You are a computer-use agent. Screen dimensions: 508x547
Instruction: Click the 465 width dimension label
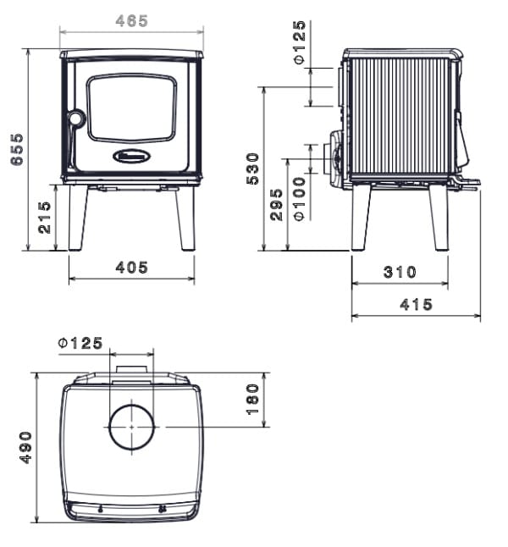(x=131, y=21)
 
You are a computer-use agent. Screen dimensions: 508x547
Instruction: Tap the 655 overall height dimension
(x=17, y=149)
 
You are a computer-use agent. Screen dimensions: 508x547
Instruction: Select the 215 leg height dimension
(x=44, y=218)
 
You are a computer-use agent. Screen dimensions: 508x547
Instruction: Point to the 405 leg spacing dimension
(x=131, y=268)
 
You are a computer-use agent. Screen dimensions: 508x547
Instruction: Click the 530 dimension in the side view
(x=253, y=169)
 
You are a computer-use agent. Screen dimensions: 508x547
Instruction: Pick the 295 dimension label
(x=276, y=205)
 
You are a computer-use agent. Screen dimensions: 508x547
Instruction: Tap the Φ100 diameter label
(x=300, y=199)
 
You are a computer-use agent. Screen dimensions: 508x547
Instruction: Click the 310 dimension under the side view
(x=400, y=272)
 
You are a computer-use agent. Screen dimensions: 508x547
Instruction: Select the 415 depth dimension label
(x=416, y=305)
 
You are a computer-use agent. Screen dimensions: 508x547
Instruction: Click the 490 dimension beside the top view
(x=25, y=448)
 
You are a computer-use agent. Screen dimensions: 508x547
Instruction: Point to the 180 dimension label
(x=253, y=400)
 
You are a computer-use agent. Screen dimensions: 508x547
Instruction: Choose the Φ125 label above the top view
(x=80, y=343)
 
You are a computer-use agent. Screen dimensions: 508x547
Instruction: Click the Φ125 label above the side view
(x=300, y=43)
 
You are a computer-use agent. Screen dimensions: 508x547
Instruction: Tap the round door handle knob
(x=75, y=119)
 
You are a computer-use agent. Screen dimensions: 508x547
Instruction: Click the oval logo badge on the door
(x=132, y=157)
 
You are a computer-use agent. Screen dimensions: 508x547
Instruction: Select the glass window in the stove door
(x=131, y=108)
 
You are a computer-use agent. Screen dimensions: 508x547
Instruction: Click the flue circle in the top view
(x=131, y=427)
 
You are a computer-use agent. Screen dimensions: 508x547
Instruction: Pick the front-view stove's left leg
(x=78, y=218)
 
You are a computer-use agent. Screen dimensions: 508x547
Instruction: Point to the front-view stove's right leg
(x=185, y=218)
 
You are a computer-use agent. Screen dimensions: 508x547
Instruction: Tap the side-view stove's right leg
(x=439, y=218)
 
